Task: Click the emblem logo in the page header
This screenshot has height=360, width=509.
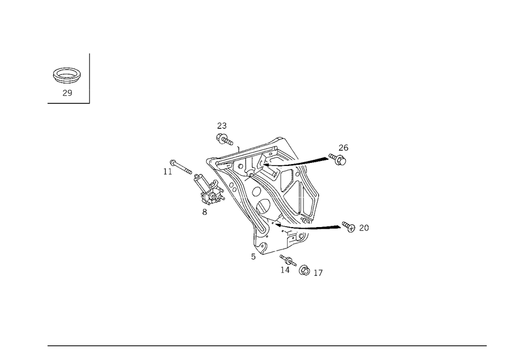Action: click(x=67, y=76)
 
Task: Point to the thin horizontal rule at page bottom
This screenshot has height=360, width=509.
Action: click(x=267, y=345)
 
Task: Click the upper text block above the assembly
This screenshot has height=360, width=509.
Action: click(x=221, y=125)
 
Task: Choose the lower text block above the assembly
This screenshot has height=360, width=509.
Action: click(x=223, y=137)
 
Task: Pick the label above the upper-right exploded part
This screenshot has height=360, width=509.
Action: click(x=343, y=147)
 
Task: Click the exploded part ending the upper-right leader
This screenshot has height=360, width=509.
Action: click(x=341, y=159)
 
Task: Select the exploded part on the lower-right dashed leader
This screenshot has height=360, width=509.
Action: click(x=349, y=226)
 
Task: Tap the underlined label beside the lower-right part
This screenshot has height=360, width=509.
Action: click(x=363, y=228)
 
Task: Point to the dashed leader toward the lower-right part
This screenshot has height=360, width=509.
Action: click(x=328, y=227)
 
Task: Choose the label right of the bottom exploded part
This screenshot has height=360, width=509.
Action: click(x=318, y=274)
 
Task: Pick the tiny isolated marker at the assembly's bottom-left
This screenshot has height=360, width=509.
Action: click(x=252, y=258)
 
